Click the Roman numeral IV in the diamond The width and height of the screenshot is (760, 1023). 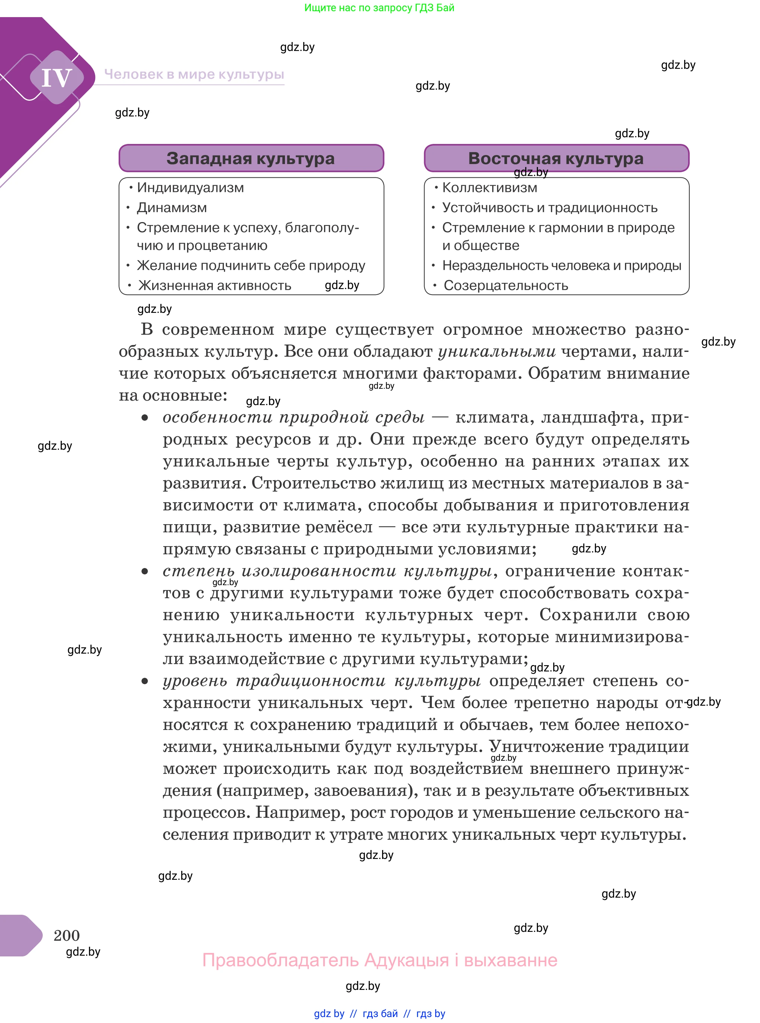coord(57,77)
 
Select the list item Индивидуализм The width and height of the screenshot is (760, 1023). coord(190,187)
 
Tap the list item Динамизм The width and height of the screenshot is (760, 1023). coord(171,208)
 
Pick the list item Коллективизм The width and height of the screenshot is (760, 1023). coord(490,187)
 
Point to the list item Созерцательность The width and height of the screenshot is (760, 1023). coord(506,285)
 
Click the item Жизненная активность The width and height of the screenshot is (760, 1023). coord(215,285)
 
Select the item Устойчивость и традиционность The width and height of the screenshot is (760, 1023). coord(550,208)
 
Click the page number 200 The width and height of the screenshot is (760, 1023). coord(67,935)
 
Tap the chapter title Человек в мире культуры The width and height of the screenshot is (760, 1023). coord(194,74)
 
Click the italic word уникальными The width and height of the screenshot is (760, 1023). coord(497,352)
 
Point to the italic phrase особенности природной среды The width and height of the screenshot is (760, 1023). coord(294,417)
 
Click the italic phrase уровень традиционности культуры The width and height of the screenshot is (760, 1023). coord(321,681)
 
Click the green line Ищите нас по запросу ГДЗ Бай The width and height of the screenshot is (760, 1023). coord(379,7)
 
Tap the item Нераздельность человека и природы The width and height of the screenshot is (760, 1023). coord(562,265)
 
